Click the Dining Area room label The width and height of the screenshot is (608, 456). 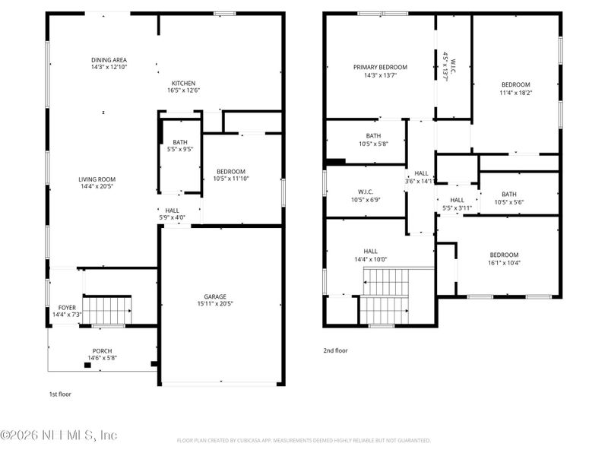(109, 60)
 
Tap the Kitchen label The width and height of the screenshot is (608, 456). (183, 83)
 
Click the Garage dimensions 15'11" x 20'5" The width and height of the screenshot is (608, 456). (214, 304)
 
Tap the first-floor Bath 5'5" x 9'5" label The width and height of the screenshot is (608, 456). (180, 142)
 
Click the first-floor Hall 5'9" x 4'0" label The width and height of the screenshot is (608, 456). (173, 211)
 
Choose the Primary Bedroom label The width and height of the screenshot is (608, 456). (380, 67)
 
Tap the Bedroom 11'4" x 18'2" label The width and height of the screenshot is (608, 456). (515, 84)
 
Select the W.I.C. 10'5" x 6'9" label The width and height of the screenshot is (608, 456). (364, 192)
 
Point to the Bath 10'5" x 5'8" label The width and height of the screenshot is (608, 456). (373, 136)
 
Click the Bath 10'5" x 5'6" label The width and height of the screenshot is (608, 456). (508, 194)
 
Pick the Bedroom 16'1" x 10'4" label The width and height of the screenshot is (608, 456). (504, 255)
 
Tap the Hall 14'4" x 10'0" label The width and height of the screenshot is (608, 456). (370, 251)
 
